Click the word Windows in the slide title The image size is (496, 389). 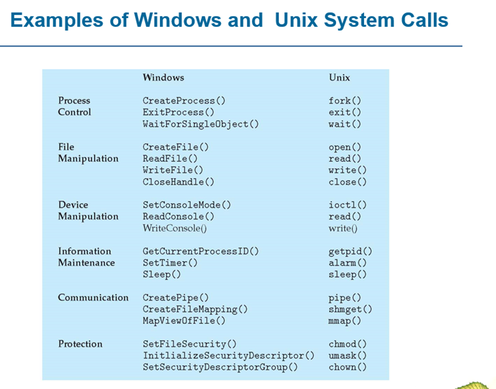[178, 20]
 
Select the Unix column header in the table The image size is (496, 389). [339, 77]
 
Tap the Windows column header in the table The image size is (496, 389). [164, 77]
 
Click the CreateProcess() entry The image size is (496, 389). [184, 101]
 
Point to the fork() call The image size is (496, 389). [345, 101]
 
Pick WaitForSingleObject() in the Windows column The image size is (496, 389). [201, 124]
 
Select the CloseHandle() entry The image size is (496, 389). [178, 182]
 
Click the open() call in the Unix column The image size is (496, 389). [345, 147]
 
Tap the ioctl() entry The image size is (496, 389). [347, 205]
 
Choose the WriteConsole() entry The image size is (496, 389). [175, 228]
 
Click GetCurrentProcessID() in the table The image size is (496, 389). [201, 251]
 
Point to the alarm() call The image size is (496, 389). [347, 263]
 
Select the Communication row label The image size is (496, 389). [93, 297]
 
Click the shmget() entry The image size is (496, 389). [350, 310]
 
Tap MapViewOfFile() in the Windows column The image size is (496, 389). [184, 321]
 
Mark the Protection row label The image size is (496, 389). [80, 344]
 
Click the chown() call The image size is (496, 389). [347, 367]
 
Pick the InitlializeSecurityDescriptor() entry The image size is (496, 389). [228, 356]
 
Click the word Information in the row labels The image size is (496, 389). [85, 251]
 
